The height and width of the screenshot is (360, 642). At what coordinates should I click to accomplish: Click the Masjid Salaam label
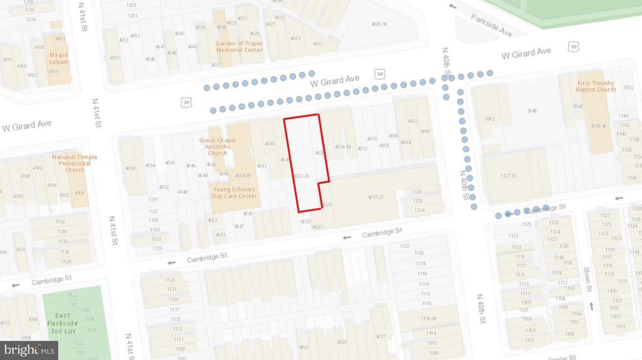click(x=58, y=58)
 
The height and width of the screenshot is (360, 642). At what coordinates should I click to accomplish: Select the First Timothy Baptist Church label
click(x=596, y=86)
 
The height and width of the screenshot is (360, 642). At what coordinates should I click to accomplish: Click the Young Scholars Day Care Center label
click(x=235, y=192)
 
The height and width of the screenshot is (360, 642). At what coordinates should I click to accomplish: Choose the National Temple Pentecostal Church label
click(x=75, y=163)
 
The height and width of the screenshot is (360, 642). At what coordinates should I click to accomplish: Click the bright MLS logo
click(x=29, y=349)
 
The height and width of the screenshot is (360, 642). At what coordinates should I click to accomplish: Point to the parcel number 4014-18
click(x=342, y=147)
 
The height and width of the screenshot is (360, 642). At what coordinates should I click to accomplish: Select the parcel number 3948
click(x=532, y=111)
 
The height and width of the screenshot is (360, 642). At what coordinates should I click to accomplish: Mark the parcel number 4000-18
click(x=379, y=24)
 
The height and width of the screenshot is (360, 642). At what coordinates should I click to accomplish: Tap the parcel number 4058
click(x=130, y=168)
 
